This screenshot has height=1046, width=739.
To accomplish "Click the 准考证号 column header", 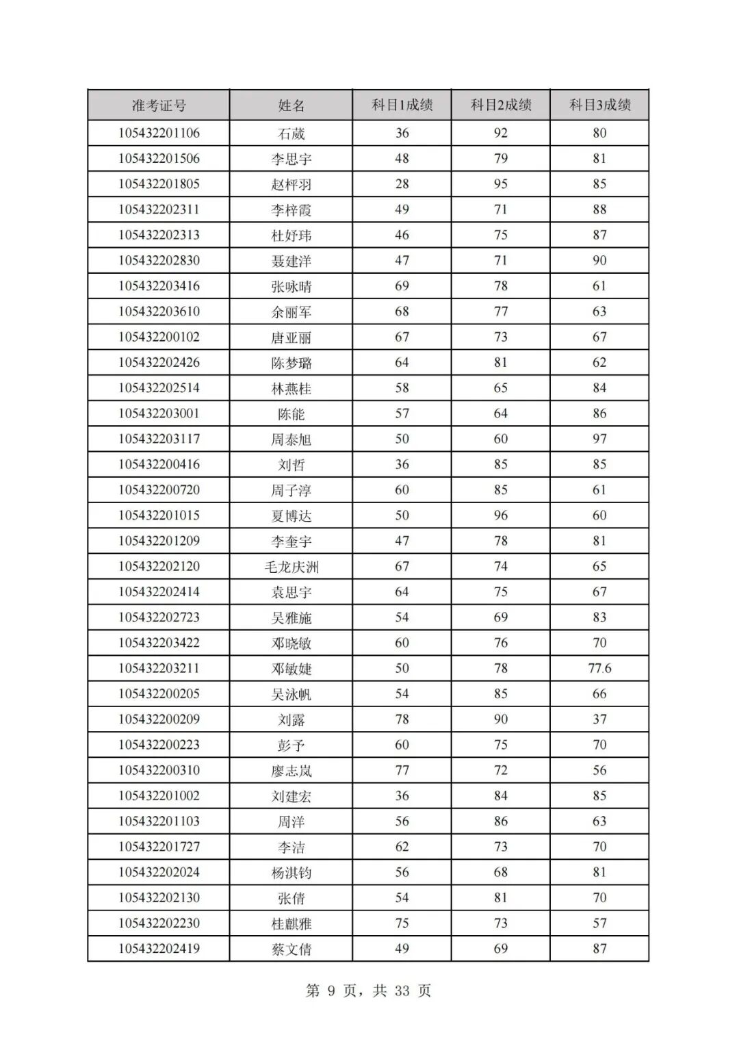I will [159, 105].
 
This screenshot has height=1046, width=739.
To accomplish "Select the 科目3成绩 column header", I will [599, 105].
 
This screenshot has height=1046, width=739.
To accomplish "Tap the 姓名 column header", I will [291, 105].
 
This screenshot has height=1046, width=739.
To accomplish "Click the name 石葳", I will [291, 133].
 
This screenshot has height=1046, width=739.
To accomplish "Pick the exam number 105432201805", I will [159, 184].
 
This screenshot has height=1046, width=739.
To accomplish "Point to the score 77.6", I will [599, 668].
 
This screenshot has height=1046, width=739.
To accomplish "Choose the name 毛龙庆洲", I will [291, 567].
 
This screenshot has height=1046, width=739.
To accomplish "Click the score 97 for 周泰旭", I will [599, 439].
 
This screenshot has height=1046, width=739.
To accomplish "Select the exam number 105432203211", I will [159, 668].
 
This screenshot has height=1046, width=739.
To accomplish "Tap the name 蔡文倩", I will [291, 949].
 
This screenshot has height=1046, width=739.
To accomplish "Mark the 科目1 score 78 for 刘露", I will [402, 719].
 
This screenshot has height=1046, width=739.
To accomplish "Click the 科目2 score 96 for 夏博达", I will [501, 515].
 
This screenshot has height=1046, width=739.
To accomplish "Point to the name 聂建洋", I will [291, 261].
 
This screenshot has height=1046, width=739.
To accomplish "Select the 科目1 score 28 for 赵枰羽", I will [402, 184].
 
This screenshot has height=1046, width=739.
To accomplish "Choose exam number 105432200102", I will [159, 337].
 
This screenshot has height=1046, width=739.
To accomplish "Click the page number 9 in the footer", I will [331, 991].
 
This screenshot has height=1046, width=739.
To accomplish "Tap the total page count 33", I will [402, 991].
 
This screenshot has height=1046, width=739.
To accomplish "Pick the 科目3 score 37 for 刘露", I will [599, 719].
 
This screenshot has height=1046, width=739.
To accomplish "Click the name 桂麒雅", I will [291, 923].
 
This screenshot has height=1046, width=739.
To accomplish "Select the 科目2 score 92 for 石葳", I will [501, 133].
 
